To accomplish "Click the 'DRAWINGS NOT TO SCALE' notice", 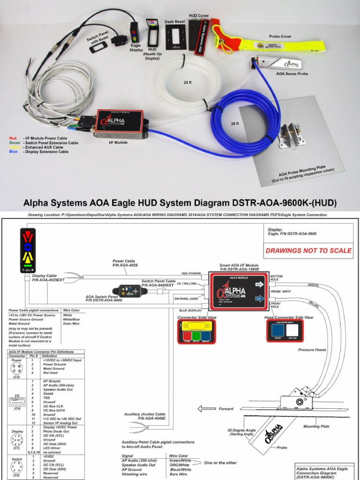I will click(x=308, y=250).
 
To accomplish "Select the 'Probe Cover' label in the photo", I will click(x=280, y=36).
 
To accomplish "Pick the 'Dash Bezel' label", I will click(x=173, y=22).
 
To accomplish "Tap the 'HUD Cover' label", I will click(x=199, y=15).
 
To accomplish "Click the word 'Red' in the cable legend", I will click(x=13, y=139).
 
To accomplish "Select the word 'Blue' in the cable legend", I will click(x=13, y=152).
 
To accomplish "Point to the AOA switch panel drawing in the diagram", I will click(x=130, y=291).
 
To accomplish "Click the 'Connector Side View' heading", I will click(x=196, y=317).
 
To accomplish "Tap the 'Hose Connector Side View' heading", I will click(x=289, y=317).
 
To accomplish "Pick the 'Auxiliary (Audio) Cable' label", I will click(x=145, y=414).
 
